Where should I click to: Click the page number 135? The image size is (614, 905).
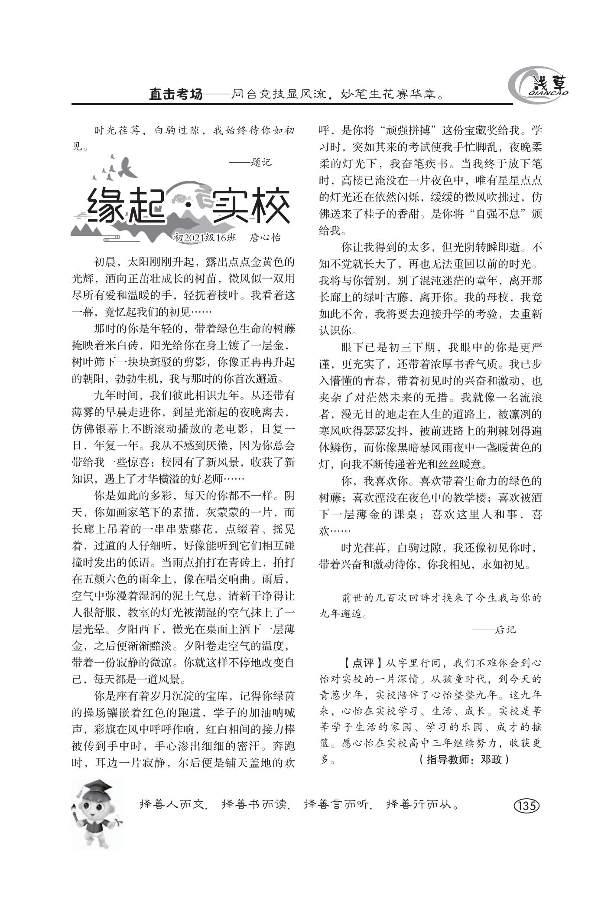click(x=526, y=806)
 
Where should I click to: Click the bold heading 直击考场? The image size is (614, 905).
click(x=175, y=94)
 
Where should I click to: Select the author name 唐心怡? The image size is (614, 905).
click(x=265, y=237)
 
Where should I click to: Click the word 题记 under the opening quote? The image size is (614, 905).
click(x=261, y=162)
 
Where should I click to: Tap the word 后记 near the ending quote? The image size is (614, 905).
click(x=505, y=630)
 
